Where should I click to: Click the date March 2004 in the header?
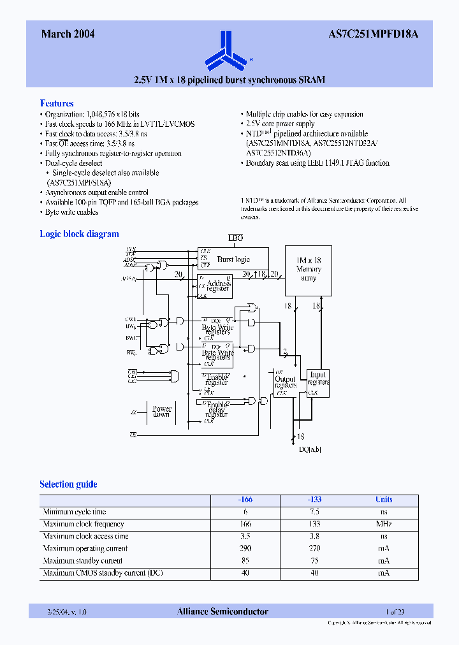pos(68,34)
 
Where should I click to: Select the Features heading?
pos(57,103)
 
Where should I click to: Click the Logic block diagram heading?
pos(79,234)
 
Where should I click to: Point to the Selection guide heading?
pos(68,484)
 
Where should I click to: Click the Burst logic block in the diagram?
pos(233,259)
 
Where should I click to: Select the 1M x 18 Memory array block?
pos(309,270)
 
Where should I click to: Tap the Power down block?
pos(161,412)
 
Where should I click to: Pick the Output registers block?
pos(285,382)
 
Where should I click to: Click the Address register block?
pos(217,287)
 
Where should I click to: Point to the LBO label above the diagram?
pos(236,238)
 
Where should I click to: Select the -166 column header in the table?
pos(245,500)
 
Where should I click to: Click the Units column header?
pos(384,500)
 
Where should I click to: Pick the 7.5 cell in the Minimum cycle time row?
pos(314,512)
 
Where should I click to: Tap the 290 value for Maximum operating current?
pos(245,548)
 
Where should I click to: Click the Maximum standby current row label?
pos(82,561)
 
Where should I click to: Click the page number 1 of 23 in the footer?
pos(395,612)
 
